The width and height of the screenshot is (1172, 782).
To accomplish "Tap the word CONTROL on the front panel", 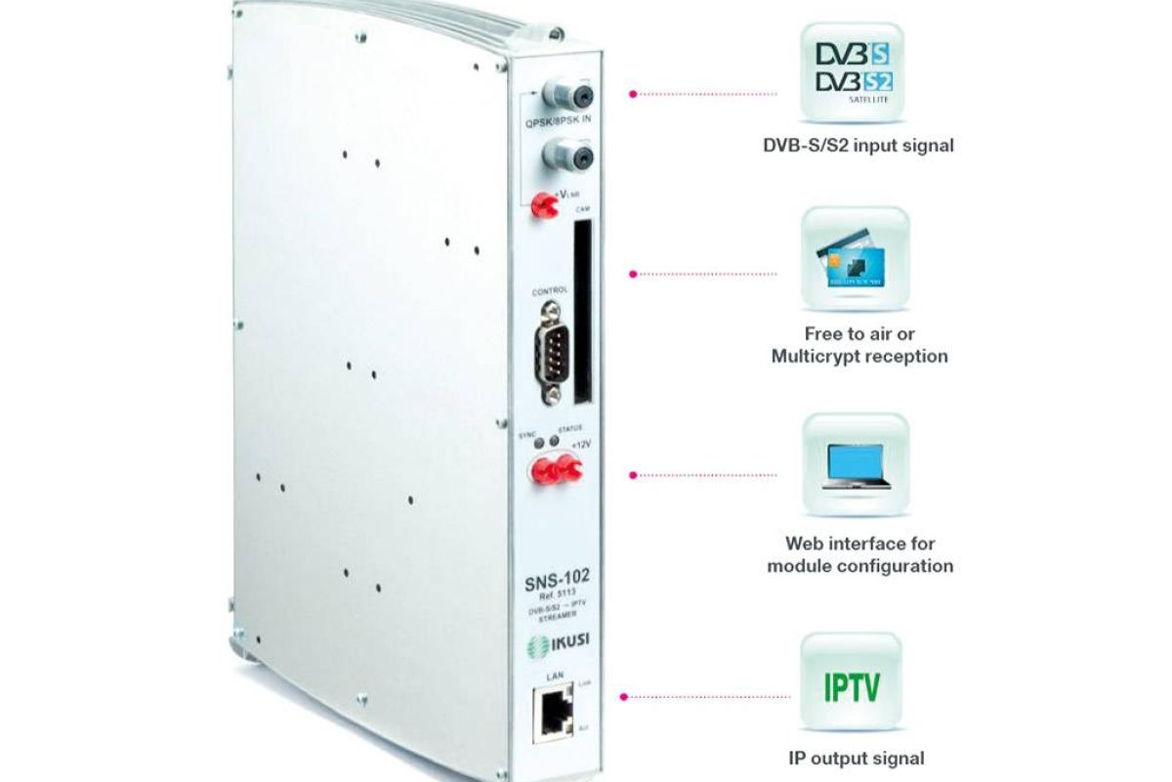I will (x=549, y=291).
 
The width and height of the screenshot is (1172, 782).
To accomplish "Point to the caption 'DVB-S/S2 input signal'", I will (x=858, y=146).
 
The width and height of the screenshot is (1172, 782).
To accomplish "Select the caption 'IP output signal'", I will (x=856, y=758).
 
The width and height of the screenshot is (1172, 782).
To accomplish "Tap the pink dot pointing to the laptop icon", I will (x=633, y=475).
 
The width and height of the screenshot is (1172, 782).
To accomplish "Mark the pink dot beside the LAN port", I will (x=623, y=697).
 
